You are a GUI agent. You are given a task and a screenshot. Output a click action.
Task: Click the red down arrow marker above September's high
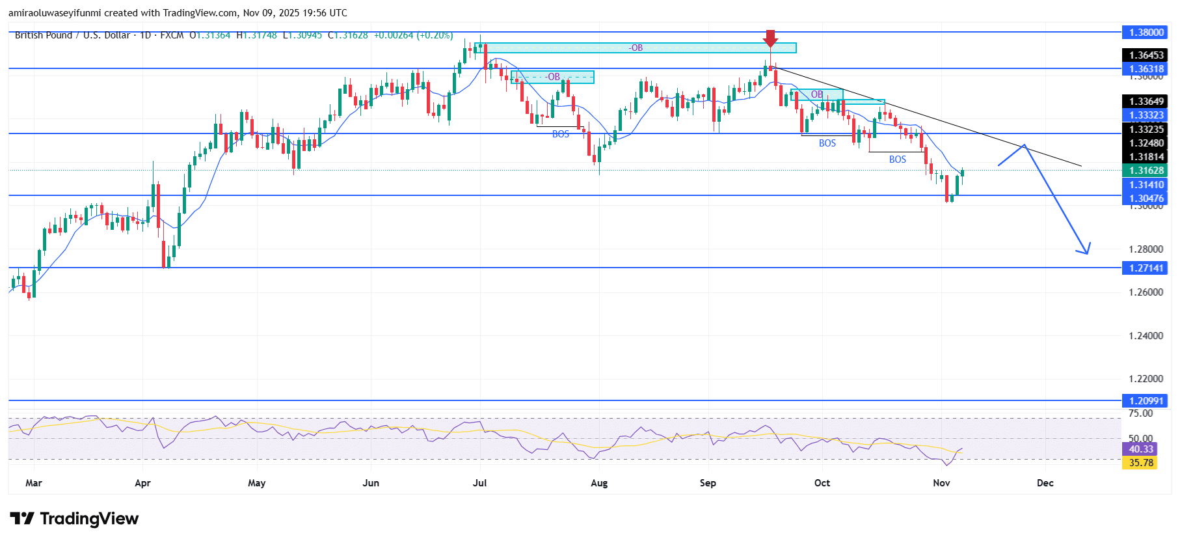click(771, 38)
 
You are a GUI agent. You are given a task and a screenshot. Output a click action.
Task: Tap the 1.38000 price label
click(1146, 32)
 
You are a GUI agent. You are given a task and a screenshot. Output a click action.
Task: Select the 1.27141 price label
click(1146, 268)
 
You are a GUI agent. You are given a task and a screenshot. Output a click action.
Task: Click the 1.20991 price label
click(1146, 401)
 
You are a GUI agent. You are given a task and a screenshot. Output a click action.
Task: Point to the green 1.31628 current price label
click(1146, 171)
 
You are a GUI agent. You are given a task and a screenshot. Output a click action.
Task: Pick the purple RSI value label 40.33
click(1140, 449)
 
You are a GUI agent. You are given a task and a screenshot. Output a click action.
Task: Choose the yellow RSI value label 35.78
click(1140, 463)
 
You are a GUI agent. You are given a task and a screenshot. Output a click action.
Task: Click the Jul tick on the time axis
click(480, 483)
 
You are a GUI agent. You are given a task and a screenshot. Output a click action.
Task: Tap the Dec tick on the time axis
click(1045, 483)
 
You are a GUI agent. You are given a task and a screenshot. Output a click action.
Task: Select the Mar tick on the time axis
click(34, 483)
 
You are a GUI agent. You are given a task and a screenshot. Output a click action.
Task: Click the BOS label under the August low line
click(561, 134)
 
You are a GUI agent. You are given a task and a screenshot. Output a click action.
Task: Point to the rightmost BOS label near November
click(898, 160)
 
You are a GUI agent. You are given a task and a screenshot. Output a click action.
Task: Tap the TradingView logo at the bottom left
click(74, 519)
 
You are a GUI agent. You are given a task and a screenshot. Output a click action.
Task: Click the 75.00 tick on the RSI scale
click(1140, 413)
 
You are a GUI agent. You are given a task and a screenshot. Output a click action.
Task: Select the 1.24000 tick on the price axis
click(1146, 336)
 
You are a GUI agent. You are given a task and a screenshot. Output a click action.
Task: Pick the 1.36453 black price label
click(1146, 55)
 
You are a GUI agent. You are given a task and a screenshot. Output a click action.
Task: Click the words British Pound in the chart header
click(44, 35)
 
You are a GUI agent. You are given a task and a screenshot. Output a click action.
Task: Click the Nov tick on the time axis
click(941, 483)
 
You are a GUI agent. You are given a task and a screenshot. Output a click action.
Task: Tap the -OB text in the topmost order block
click(636, 48)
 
